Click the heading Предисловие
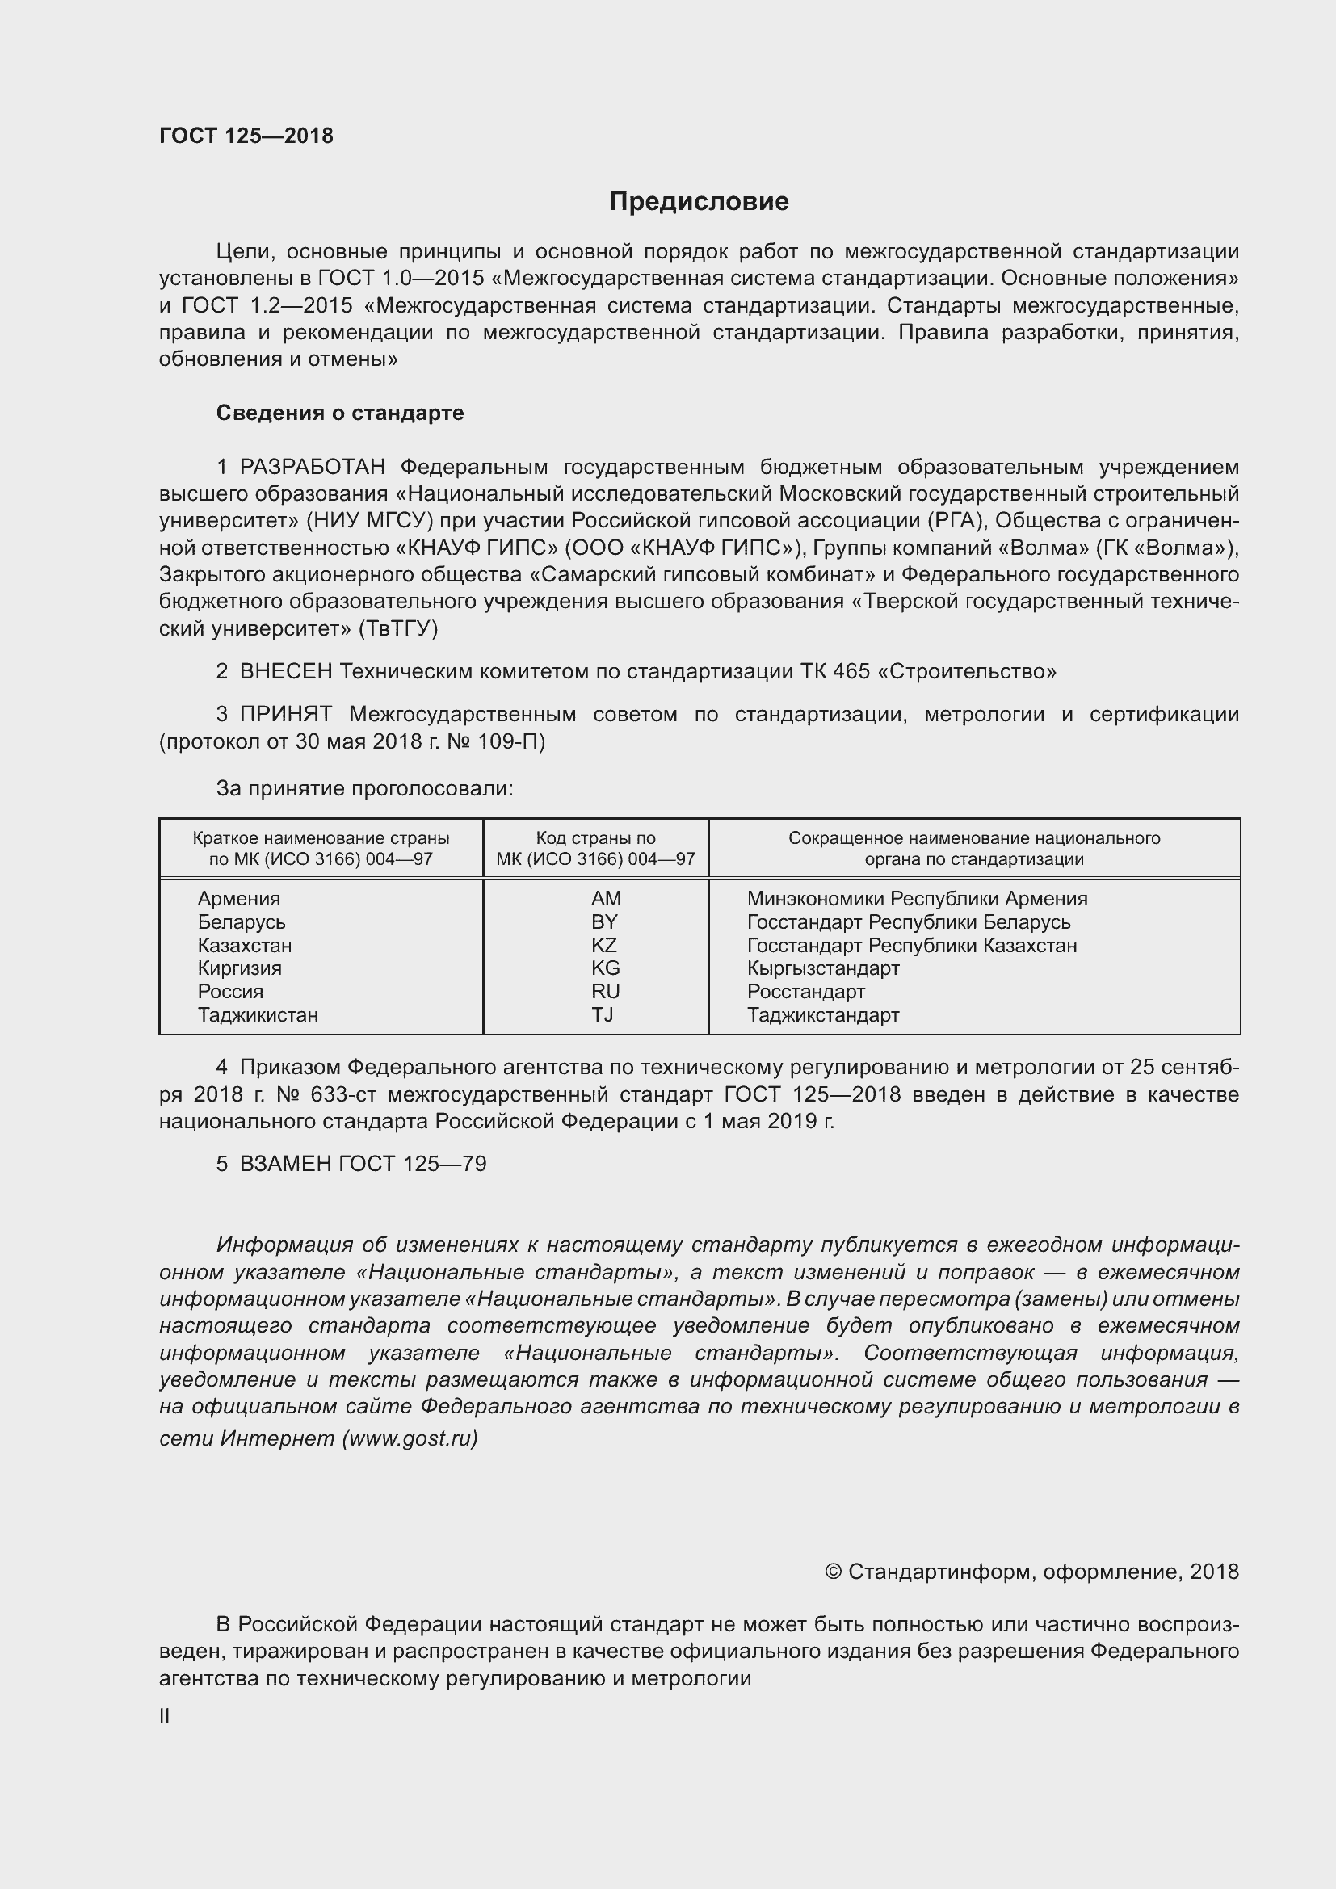click(x=699, y=202)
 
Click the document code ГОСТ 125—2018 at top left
click(x=246, y=136)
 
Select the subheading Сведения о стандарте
click(x=340, y=413)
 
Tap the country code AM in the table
click(x=606, y=898)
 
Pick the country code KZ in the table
click(x=604, y=945)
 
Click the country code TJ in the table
click(x=603, y=1014)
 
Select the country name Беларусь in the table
click(x=241, y=921)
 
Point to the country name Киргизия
click(x=239, y=968)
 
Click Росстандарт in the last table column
click(x=805, y=992)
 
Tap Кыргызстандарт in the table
click(x=822, y=968)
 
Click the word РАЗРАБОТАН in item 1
click(x=312, y=468)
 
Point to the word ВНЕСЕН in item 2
click(x=285, y=671)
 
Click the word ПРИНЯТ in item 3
click(x=285, y=714)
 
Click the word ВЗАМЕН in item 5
click(x=285, y=1163)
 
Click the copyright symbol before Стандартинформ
click(x=833, y=1572)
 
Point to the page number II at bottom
click(x=165, y=1715)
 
